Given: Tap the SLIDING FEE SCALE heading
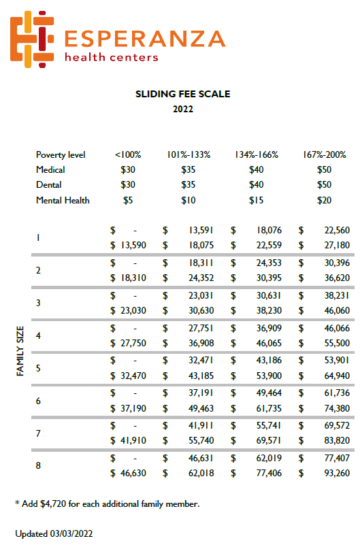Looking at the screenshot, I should tap(182, 95).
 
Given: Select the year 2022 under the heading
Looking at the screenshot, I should tap(182, 109).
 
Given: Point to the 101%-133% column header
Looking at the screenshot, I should tap(189, 154).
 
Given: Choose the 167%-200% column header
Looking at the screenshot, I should tap(324, 154).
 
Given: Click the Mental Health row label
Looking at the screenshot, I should tap(63, 200).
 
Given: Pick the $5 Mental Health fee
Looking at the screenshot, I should tap(128, 200).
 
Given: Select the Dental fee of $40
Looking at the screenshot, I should tap(256, 184).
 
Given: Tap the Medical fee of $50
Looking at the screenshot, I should tap(324, 169).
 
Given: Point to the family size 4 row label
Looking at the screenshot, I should tap(39, 335).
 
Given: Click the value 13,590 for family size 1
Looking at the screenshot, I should tap(133, 244).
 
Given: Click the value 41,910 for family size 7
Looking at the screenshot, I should tap(133, 440).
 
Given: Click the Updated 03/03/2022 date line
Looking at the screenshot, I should tap(54, 533).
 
